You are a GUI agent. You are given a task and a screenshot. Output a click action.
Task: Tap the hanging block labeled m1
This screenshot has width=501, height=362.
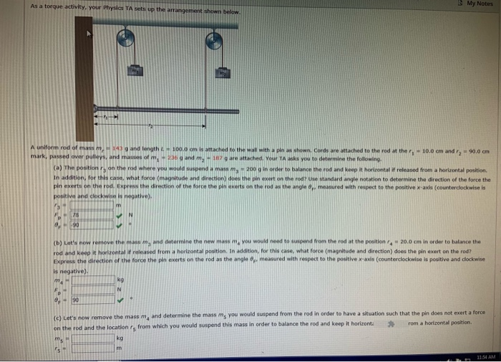(133, 70)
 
